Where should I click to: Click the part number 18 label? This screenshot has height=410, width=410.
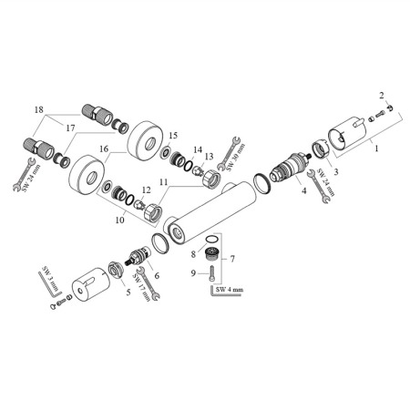(x=39, y=109)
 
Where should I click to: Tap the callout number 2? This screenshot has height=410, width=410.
(x=382, y=96)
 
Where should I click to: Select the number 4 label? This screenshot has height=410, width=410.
(x=304, y=190)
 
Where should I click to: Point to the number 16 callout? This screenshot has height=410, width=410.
(x=104, y=149)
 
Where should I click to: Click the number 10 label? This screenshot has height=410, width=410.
(x=120, y=220)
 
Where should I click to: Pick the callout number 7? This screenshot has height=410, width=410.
(x=232, y=259)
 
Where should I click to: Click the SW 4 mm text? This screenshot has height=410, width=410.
(x=230, y=290)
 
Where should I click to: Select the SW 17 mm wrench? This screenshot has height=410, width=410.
(x=149, y=283)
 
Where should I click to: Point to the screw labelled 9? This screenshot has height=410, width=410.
(x=212, y=273)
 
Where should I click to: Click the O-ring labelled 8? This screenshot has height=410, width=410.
(x=211, y=239)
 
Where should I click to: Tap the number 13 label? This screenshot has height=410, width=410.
(x=210, y=157)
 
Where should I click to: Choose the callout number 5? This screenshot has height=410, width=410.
(x=128, y=292)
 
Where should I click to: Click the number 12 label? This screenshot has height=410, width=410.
(x=146, y=190)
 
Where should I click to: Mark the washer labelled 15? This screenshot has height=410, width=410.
(x=166, y=151)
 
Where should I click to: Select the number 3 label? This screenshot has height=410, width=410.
(x=336, y=172)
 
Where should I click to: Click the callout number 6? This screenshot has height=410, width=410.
(x=157, y=275)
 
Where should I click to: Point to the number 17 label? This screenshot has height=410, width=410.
(x=70, y=128)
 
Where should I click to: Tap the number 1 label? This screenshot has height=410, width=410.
(x=376, y=149)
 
